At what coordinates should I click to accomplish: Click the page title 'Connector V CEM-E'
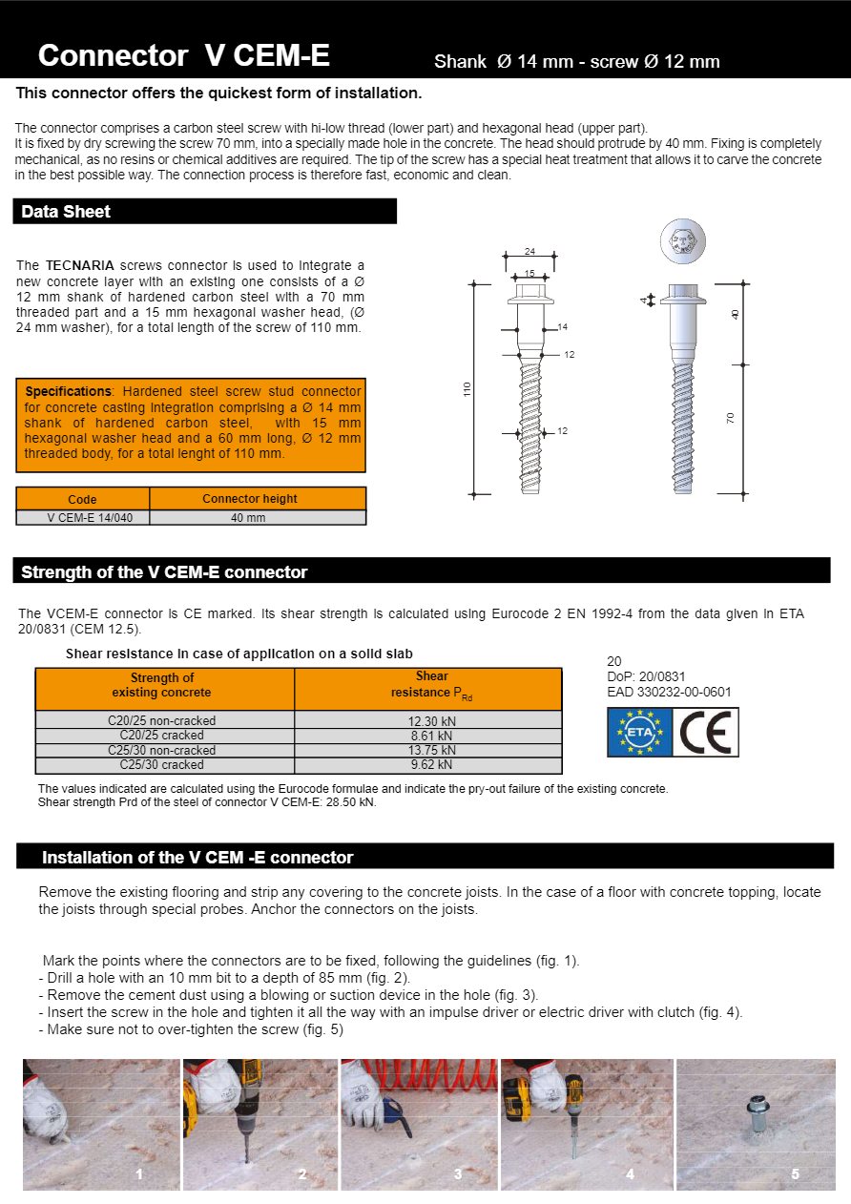[183, 56]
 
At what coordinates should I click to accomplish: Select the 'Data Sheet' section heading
[66, 212]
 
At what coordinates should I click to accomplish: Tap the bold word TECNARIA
[79, 265]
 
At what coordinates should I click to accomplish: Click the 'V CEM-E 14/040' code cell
[83, 518]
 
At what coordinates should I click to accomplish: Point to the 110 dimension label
[467, 389]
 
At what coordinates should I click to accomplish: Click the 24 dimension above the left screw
[529, 252]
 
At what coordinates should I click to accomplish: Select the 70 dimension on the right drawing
[732, 418]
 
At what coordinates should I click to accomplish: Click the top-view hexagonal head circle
[684, 242]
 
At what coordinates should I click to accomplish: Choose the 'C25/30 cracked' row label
[161, 765]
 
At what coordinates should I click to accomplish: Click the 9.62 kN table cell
[431, 765]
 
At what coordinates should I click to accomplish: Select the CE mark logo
[706, 733]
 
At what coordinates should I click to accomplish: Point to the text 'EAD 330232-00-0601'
[669, 693]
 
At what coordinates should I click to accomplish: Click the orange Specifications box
[191, 425]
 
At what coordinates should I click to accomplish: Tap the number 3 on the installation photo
[457, 1174]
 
